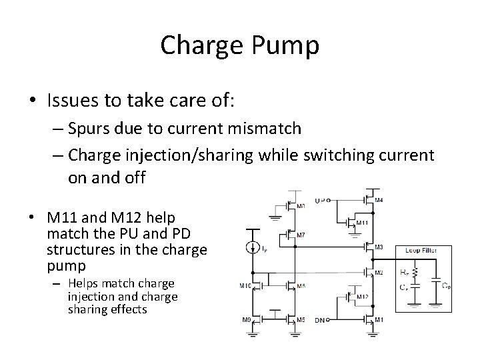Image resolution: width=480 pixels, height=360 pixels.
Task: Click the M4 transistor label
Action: click(378, 200)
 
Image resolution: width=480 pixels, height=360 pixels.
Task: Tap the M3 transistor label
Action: click(379, 247)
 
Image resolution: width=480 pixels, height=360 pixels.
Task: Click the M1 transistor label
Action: click(379, 321)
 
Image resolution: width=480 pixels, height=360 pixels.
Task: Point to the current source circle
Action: click(253, 248)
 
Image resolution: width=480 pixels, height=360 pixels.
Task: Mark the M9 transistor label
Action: click(247, 319)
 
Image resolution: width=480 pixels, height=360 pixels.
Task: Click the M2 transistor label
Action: click(379, 272)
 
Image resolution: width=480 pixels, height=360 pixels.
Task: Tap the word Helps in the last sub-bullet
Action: click(83, 283)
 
